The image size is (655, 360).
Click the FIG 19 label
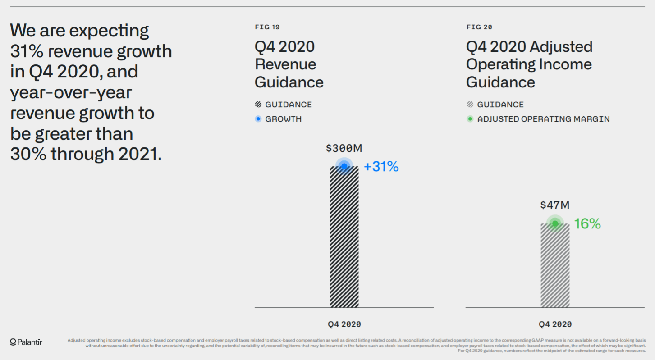point(267,27)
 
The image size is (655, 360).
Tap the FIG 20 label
point(479,27)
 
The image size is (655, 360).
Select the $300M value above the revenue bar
point(344,148)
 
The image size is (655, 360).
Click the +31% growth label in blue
point(381,167)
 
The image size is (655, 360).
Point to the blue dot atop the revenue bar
point(344,166)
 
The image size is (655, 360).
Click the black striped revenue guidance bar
point(344,239)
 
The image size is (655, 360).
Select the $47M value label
point(555,205)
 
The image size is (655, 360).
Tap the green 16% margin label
point(587,223)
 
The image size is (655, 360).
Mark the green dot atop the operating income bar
point(555,223)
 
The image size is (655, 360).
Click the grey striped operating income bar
point(555,266)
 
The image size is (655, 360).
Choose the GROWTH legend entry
point(283,119)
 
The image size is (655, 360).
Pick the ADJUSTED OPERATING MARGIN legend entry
point(543,119)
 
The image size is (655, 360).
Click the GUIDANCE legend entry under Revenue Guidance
point(288,105)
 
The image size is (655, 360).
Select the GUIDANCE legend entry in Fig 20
point(500,105)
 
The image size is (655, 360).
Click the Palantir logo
point(26,342)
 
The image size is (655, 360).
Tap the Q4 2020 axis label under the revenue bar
point(344,324)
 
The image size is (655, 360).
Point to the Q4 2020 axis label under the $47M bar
point(555,324)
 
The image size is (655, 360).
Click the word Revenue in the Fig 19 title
point(285,64)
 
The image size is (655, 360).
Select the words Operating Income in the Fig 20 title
point(529,64)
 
